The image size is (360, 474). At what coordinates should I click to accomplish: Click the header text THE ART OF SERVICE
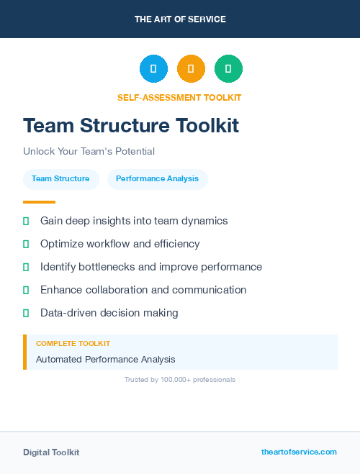[x=180, y=19]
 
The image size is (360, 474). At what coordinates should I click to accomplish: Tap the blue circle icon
[x=153, y=68]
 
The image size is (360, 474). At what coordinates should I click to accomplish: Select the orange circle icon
[x=191, y=68]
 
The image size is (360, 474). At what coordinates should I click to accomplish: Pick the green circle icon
[x=228, y=68]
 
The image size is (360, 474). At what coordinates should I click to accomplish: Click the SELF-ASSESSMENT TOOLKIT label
[x=180, y=97]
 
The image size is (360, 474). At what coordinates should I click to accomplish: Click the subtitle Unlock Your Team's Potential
[x=89, y=152]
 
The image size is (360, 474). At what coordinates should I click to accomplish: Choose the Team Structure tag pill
[x=60, y=179]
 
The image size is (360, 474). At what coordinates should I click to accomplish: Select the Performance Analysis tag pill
[x=157, y=179]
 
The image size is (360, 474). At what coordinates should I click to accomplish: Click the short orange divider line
[x=39, y=202]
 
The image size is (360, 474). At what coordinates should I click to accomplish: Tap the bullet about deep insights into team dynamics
[x=134, y=221]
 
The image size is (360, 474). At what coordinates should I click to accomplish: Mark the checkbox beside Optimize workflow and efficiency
[x=26, y=244]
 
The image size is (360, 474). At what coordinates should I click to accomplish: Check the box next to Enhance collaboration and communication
[x=26, y=290]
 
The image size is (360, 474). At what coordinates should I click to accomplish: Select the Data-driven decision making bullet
[x=109, y=313]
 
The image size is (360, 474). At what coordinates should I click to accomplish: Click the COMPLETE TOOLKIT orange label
[x=73, y=344]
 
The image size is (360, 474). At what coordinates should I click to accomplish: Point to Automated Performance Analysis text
[x=105, y=359]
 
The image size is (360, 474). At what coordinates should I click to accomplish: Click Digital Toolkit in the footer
[x=51, y=452]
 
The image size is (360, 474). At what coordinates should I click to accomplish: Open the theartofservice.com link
[x=299, y=452]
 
